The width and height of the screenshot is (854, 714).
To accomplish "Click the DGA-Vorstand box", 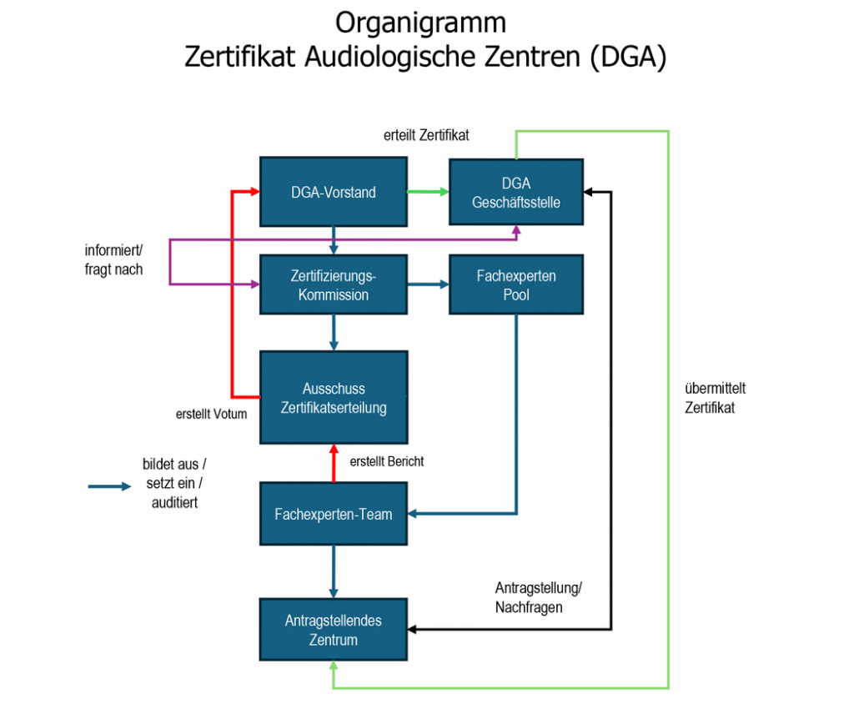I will point(334,192).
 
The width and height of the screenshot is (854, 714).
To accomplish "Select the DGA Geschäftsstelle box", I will point(516,193).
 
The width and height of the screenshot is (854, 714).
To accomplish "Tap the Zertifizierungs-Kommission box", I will point(334,284).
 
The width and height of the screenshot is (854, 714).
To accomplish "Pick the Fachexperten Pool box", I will point(516,284).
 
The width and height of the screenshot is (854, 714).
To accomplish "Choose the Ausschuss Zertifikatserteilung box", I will point(334,398).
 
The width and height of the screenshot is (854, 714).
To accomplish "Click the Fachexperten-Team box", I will point(334,514).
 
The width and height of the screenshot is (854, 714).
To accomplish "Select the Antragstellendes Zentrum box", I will point(334,630).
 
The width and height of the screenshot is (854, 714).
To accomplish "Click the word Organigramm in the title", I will point(420,22).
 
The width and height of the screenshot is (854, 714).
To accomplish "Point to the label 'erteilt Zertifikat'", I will point(426,135).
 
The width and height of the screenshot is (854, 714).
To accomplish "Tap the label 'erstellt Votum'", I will point(211,413).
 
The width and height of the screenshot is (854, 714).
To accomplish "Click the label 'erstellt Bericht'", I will point(387,460).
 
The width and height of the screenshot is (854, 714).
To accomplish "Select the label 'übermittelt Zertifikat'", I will point(715,398).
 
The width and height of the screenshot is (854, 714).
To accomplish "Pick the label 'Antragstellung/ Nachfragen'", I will point(538,596).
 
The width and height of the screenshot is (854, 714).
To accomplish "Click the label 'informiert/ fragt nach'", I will point(113,259).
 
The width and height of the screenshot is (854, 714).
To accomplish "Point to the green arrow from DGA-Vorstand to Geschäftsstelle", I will point(428,192).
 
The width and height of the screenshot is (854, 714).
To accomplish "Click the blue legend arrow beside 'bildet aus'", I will point(109,486).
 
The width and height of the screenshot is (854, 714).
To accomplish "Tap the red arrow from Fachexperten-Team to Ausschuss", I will point(334,463).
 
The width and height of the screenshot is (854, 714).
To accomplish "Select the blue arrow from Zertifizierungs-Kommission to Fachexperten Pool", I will point(428,284).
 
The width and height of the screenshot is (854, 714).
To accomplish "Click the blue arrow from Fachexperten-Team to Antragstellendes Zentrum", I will point(334,571).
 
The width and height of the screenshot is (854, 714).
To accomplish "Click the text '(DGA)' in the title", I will point(626,58).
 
